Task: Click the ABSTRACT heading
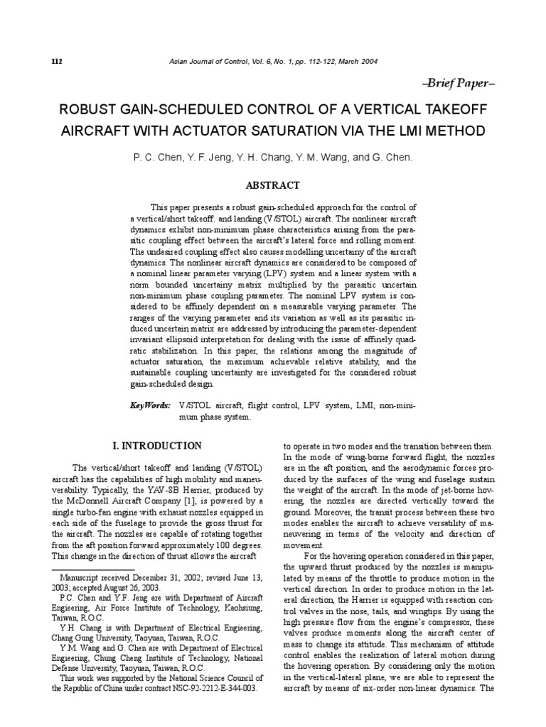(x=272, y=185)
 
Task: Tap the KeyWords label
(x=150, y=405)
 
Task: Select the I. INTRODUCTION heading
(x=157, y=446)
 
